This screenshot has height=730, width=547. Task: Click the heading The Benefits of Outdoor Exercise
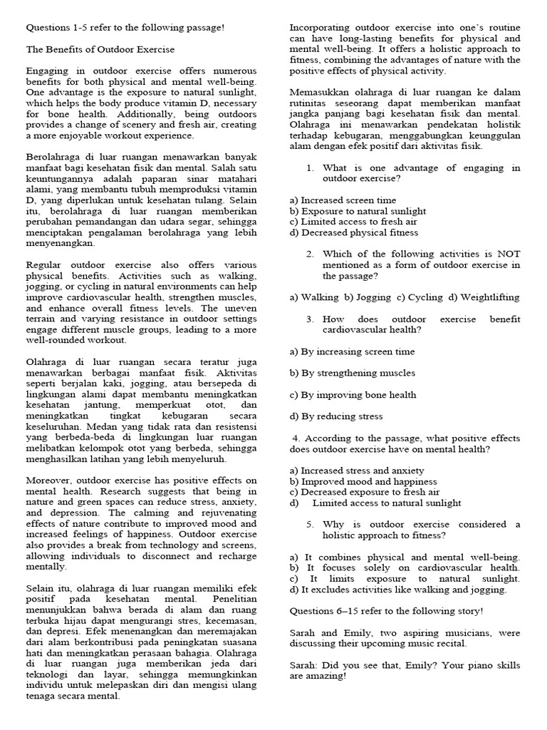coord(100,50)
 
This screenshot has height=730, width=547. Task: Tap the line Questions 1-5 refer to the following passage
coord(125,28)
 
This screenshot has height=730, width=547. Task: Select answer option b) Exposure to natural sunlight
coord(358,211)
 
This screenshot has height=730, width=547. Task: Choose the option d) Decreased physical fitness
coord(354,232)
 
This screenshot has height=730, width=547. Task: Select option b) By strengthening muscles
coord(352,373)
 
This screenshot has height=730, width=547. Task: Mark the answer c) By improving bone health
coord(353,394)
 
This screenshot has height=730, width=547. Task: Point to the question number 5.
coord(311,525)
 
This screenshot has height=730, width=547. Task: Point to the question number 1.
coord(311,168)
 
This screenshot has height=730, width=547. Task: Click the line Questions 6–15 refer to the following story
coord(386,611)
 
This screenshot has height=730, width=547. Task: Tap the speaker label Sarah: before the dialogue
coord(304,665)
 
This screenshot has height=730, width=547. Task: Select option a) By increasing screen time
coord(352,351)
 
